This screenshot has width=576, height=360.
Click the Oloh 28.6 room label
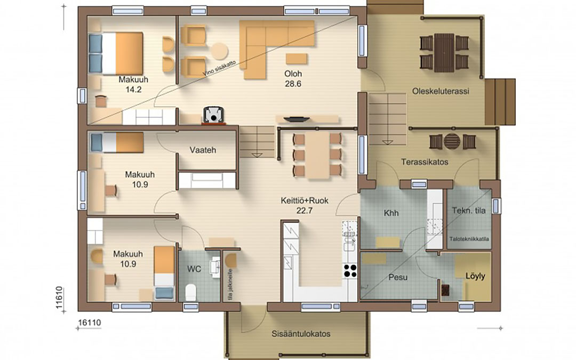click(x=293, y=78)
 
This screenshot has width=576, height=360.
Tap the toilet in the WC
click(x=190, y=292)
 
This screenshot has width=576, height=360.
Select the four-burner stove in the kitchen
click(x=350, y=270)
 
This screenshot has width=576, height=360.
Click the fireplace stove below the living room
click(x=213, y=115)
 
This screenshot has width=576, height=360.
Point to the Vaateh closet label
click(x=203, y=150)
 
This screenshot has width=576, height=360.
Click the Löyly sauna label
click(x=475, y=276)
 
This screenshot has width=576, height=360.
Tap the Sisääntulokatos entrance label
click(x=301, y=334)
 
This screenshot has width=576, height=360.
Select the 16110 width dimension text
click(x=90, y=323)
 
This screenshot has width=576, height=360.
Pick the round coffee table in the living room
click(x=219, y=51)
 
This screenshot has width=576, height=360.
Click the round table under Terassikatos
click(x=452, y=141)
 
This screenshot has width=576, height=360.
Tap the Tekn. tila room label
click(x=468, y=211)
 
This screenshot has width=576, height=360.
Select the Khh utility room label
click(x=391, y=213)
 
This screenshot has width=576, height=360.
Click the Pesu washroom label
click(x=398, y=277)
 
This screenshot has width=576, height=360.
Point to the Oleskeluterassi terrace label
click(x=441, y=91)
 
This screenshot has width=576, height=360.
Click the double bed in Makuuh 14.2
click(x=116, y=53)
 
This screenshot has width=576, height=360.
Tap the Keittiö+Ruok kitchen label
click(x=305, y=201)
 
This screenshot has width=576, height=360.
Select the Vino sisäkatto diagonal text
click(x=219, y=68)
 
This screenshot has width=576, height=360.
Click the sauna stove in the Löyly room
click(x=445, y=290)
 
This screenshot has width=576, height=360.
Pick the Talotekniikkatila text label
click(x=469, y=239)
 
